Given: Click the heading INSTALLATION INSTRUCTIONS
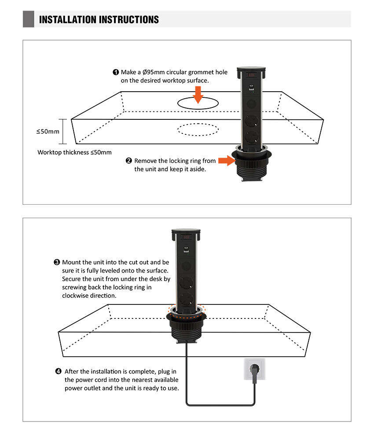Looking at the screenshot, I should pyautogui.click(x=99, y=19).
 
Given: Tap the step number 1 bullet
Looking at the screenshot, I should pyautogui.click(x=116, y=72).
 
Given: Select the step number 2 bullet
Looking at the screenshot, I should pyautogui.click(x=128, y=161).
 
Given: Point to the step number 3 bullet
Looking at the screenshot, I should pyautogui.click(x=57, y=262).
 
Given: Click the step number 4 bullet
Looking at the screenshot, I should pyautogui.click(x=59, y=371).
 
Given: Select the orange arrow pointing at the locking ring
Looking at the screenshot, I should pyautogui.click(x=227, y=161).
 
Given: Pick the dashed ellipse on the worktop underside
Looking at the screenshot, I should pyautogui.click(x=198, y=129).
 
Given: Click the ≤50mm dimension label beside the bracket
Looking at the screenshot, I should pyautogui.click(x=48, y=131).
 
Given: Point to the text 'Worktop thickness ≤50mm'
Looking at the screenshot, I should pyautogui.click(x=74, y=152).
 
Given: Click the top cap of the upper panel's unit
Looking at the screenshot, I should pyautogui.click(x=251, y=69).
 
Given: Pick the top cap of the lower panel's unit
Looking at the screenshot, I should pyautogui.click(x=185, y=231).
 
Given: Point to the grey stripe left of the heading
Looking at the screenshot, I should pyautogui.click(x=29, y=19).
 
